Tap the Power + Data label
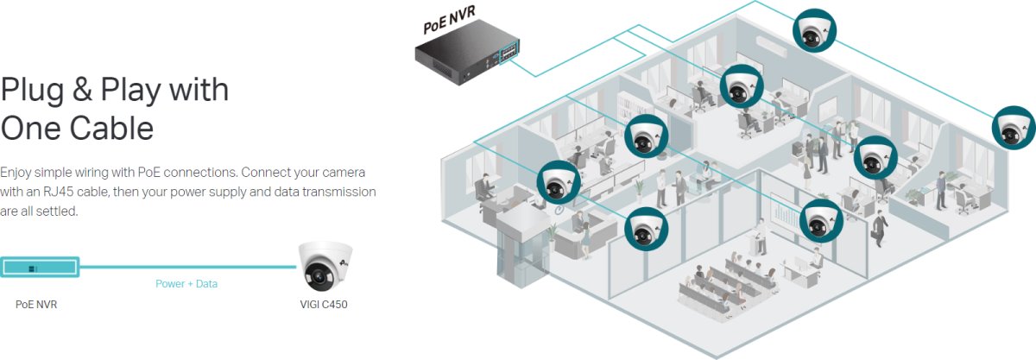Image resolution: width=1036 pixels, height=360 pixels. pos(186,283)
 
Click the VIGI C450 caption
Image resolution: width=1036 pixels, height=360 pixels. pos(323,305)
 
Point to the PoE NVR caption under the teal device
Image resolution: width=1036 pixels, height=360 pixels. pos(36,305)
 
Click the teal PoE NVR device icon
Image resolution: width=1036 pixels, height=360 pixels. pos(40,267)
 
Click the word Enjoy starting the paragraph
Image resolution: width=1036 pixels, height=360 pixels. pos(17,172)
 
